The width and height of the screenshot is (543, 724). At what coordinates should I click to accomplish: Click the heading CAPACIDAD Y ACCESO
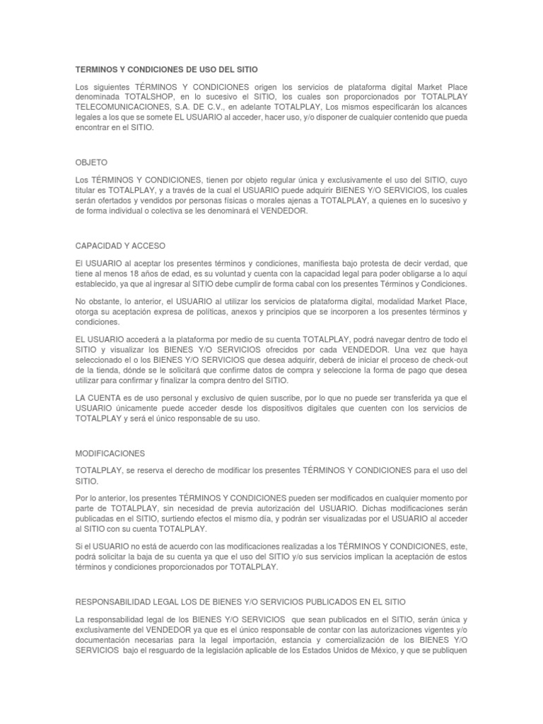[120, 245]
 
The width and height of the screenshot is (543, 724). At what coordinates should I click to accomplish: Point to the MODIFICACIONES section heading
[110, 452]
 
